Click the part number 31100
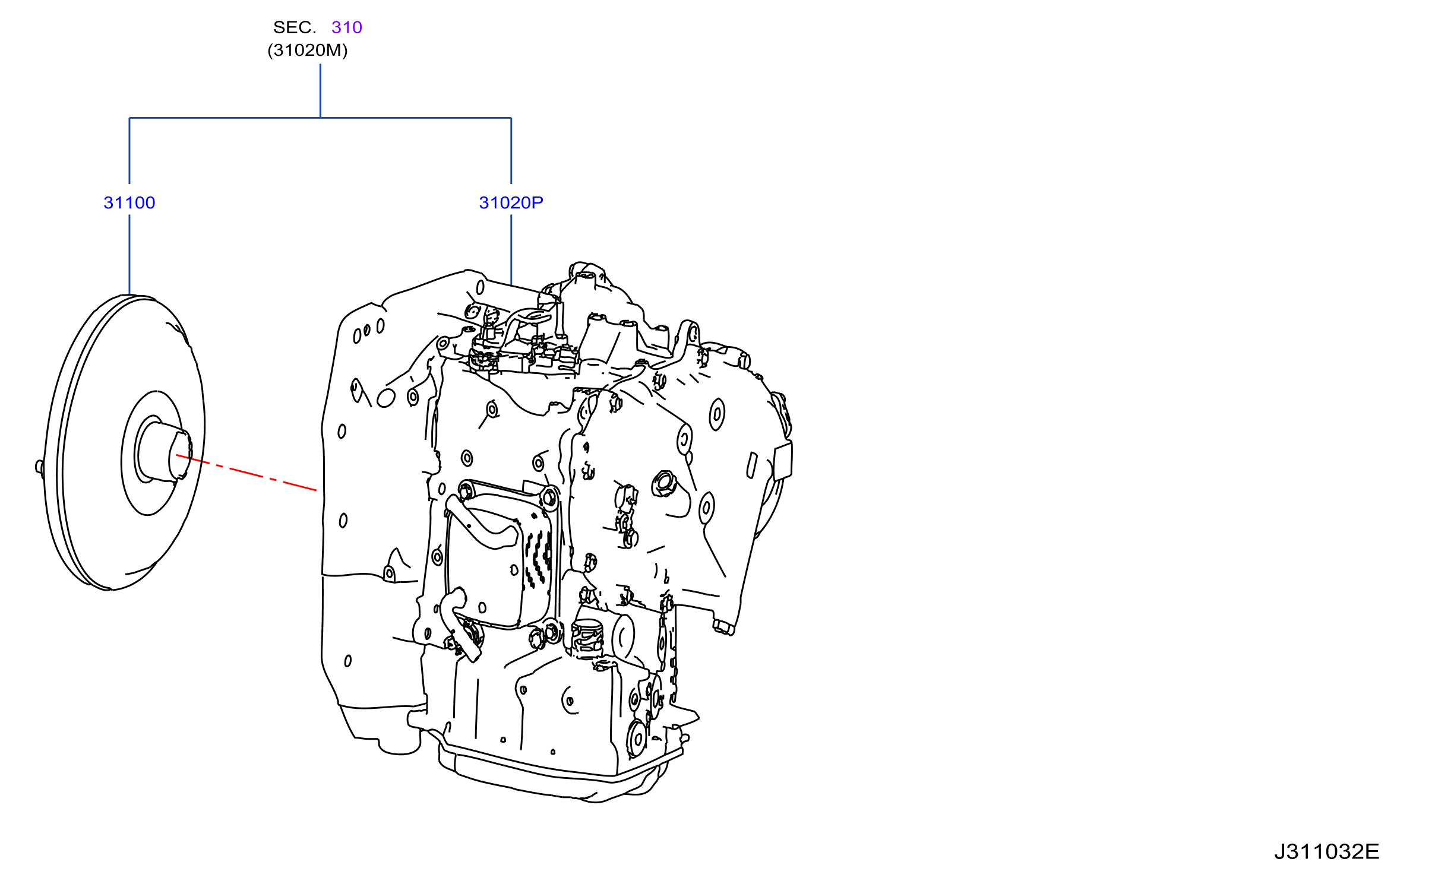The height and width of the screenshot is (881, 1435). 129,203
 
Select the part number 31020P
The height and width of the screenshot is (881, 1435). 511,203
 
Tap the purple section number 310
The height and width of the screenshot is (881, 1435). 347,27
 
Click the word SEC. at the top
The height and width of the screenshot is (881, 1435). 295,27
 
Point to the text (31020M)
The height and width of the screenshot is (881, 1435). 308,50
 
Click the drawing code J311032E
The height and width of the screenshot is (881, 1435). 1326,852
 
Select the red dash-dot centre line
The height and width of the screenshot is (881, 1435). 246,473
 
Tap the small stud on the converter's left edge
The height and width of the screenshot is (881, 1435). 40,468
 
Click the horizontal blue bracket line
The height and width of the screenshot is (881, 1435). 320,118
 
